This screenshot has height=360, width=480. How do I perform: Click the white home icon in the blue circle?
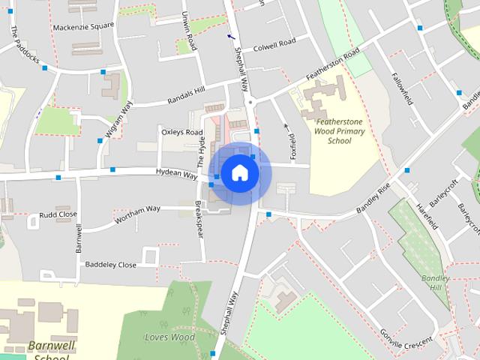coord(239,173)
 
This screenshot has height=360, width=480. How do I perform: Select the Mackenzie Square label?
coord(83,27)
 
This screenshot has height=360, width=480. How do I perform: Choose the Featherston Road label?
coord(332,65)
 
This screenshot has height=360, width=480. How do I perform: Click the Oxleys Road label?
coord(182,133)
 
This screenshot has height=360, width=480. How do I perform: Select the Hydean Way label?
coord(176,173)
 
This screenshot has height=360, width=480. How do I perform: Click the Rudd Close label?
coord(58,214)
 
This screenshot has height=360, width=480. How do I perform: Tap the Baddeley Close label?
coord(111,265)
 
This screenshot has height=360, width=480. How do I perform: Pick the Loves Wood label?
coord(169,337)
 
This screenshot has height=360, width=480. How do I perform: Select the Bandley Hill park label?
coord(435,283)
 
